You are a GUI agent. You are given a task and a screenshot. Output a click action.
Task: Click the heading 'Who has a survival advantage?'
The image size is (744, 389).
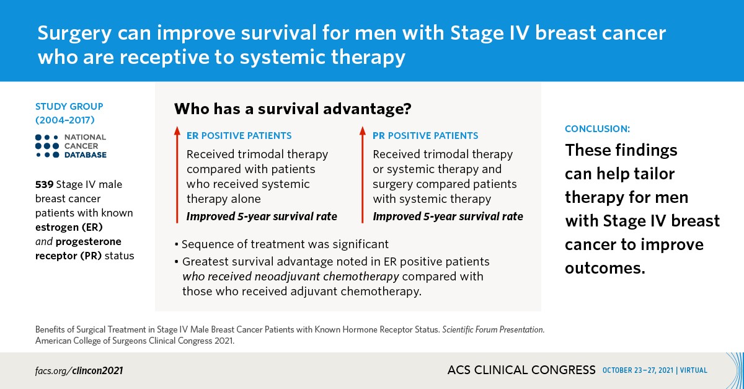(x=293, y=109)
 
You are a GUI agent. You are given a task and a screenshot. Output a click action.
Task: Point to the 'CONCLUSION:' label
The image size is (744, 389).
(x=597, y=129)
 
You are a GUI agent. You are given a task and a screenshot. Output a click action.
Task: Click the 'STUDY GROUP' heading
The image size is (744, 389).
(x=69, y=107)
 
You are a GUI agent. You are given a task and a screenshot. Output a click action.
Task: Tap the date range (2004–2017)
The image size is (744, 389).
(x=65, y=118)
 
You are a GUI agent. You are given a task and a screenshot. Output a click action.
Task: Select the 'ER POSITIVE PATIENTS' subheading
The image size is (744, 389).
(x=239, y=135)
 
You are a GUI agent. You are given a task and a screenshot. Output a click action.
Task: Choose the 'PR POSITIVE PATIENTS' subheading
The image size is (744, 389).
(x=425, y=135)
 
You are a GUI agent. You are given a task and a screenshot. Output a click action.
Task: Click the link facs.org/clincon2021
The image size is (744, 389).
(x=79, y=370)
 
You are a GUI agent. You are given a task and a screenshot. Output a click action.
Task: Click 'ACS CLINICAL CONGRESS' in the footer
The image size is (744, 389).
(x=521, y=370)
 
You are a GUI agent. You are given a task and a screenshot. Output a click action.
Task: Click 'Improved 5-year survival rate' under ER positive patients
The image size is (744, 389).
(x=262, y=217)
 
